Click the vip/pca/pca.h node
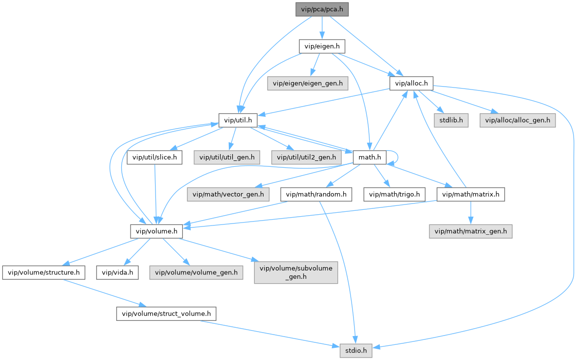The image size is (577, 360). (x=322, y=9)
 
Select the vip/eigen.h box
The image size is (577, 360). (x=322, y=46)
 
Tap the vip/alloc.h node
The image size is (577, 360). (x=411, y=84)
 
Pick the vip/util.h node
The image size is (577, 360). (x=238, y=120)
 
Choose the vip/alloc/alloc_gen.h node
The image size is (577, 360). (x=517, y=120)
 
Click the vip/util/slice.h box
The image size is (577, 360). (x=155, y=157)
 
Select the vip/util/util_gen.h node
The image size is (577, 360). (x=226, y=157)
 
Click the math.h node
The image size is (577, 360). (x=366, y=157)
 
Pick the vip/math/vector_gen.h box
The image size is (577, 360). (x=228, y=194)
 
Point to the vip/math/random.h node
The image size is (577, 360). (x=316, y=194)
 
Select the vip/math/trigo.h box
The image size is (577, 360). (x=395, y=194)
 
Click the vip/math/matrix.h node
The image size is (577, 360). (x=470, y=194)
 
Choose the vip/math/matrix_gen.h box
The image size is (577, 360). (x=470, y=231)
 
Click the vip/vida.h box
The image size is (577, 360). (x=117, y=271)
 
